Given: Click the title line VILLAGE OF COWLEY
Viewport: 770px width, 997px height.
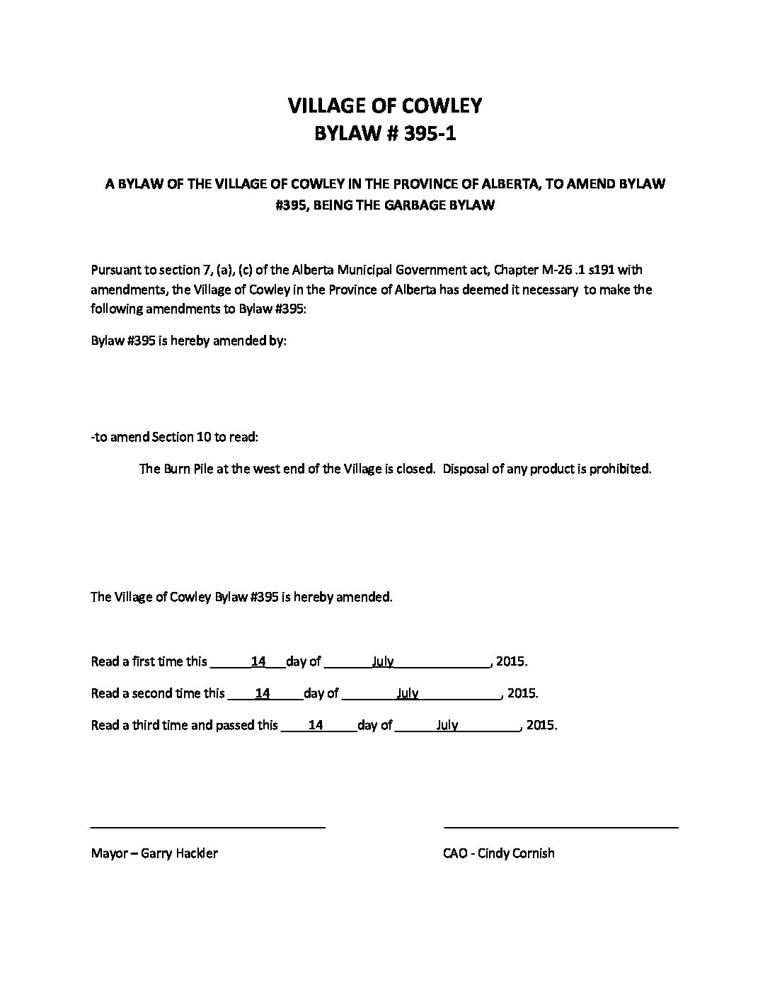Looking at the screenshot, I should [384, 106].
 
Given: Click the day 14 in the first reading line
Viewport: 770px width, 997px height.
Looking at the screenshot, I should [258, 661].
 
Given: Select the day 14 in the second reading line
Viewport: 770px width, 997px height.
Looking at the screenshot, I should [263, 693].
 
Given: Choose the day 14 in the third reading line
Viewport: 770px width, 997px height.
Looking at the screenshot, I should [316, 725].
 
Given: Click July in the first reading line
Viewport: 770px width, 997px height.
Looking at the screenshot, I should [383, 661].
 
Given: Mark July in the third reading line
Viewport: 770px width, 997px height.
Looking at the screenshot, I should [447, 725].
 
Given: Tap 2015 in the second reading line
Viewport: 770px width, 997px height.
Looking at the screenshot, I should [522, 693].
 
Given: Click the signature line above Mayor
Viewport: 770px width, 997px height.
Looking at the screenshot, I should [207, 826].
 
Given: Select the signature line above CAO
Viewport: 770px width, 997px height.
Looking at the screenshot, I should [561, 826].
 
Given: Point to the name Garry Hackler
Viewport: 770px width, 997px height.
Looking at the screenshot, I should [179, 853].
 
